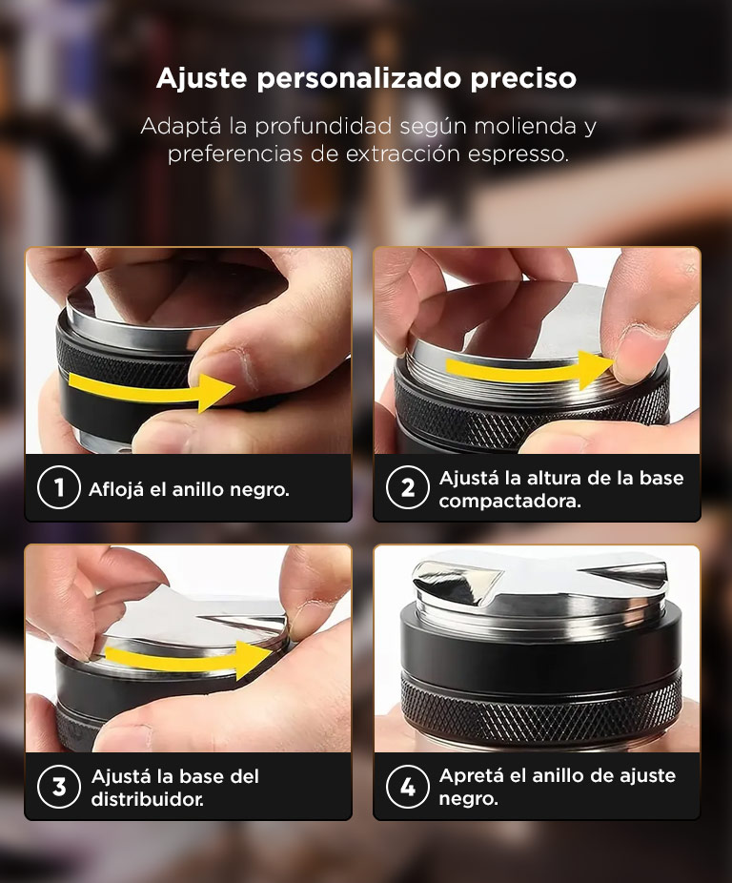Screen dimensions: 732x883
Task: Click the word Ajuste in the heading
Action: tap(201, 79)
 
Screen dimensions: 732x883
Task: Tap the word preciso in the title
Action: tap(523, 79)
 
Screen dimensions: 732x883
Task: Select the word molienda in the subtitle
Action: tap(525, 126)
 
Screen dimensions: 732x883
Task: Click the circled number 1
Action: tap(58, 487)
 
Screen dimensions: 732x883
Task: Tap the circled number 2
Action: tap(408, 487)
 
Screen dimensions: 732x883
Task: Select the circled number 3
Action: tap(58, 787)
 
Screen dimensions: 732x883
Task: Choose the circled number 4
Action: tap(408, 787)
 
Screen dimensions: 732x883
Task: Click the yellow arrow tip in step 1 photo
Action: tap(234, 387)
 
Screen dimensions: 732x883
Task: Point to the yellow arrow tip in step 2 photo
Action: tap(614, 363)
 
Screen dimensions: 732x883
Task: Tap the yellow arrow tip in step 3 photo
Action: tap(274, 654)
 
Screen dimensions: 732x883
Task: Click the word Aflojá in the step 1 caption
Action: tap(116, 490)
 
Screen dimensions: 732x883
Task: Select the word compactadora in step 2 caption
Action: tap(510, 502)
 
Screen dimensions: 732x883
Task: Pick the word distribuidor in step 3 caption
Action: tap(148, 799)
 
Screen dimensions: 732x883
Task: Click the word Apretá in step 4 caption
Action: tap(471, 776)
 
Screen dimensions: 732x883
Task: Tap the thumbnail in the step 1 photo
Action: tap(225, 367)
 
